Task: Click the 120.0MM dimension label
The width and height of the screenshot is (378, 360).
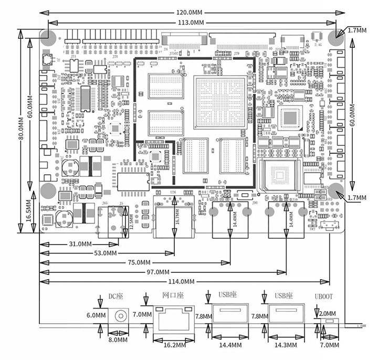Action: tap(189, 12)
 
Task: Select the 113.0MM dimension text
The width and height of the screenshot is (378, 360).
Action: tap(191, 22)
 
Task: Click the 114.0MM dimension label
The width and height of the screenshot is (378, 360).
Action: tap(181, 281)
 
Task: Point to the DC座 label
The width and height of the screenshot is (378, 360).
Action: tap(115, 297)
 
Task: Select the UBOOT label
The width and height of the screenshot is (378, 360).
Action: tap(324, 297)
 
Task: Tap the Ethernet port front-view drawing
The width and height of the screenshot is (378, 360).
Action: tap(173, 317)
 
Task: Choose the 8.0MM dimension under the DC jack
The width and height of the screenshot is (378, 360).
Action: tap(118, 340)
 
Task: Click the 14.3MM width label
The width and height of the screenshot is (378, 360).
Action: tap(285, 345)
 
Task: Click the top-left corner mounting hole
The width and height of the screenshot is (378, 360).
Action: tap(48, 37)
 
